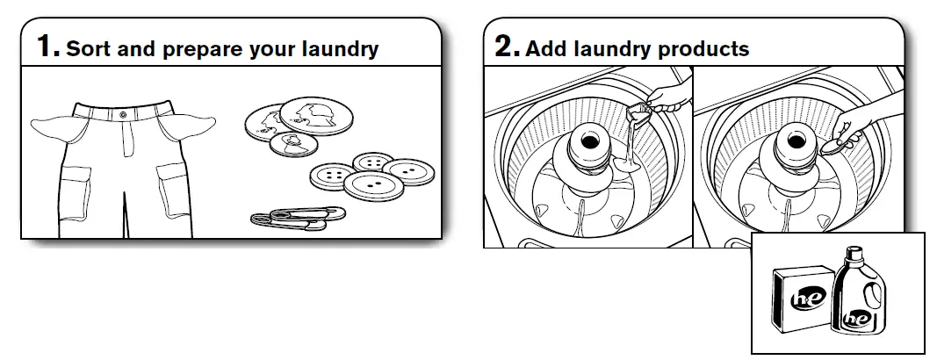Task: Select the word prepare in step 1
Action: (x=192, y=50)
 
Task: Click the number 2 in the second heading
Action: (x=507, y=46)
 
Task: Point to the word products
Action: (x=706, y=49)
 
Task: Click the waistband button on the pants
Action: (x=121, y=114)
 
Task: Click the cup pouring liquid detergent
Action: (x=639, y=113)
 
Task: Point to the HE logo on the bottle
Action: (x=855, y=319)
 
